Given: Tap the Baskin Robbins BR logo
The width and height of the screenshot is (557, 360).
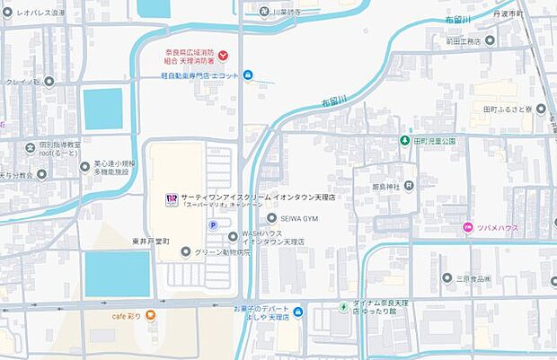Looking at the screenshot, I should [x=171, y=199].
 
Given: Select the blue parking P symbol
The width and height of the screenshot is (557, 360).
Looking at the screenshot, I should [x=213, y=225].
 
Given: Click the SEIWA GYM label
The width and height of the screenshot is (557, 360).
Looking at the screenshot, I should [x=300, y=217].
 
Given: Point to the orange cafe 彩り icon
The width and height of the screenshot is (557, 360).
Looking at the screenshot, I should [x=150, y=315].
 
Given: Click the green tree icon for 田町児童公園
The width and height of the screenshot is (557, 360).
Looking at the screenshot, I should [x=405, y=141].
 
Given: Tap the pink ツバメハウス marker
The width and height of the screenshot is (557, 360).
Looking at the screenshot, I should [x=467, y=227].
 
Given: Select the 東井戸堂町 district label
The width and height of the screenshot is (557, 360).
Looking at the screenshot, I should [x=146, y=243].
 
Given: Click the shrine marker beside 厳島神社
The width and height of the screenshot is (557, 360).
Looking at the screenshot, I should [x=409, y=186].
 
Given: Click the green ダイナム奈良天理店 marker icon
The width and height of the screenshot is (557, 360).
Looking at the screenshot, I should [x=343, y=308].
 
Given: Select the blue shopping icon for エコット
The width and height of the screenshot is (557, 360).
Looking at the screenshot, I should [x=248, y=75].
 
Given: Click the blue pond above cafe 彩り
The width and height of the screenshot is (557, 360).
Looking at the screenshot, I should [x=117, y=273].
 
